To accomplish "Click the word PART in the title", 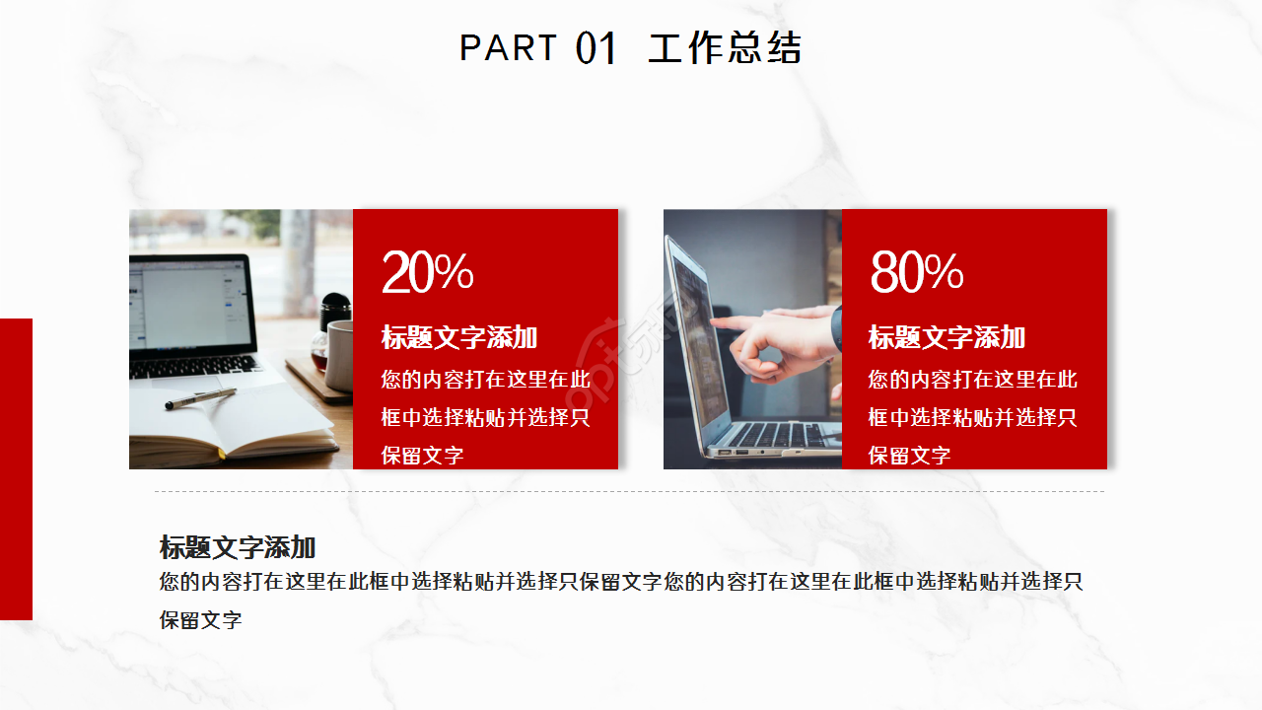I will [x=508, y=47].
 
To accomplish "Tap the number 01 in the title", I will [x=596, y=48].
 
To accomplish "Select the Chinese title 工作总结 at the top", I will [x=725, y=48].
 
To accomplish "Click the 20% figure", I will [x=427, y=272].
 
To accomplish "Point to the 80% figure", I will [x=916, y=272].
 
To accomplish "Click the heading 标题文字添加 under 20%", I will [x=459, y=337].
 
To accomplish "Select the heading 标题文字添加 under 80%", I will [x=946, y=337].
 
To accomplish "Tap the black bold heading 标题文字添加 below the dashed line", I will [x=238, y=547].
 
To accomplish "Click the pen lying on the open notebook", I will [x=200, y=398].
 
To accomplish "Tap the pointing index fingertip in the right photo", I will [x=716, y=321].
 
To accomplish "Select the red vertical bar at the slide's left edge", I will [x=16, y=468].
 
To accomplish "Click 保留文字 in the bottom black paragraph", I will [x=201, y=620].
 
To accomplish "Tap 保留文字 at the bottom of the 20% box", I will [x=422, y=456].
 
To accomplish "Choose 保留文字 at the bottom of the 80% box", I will [x=909, y=456].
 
